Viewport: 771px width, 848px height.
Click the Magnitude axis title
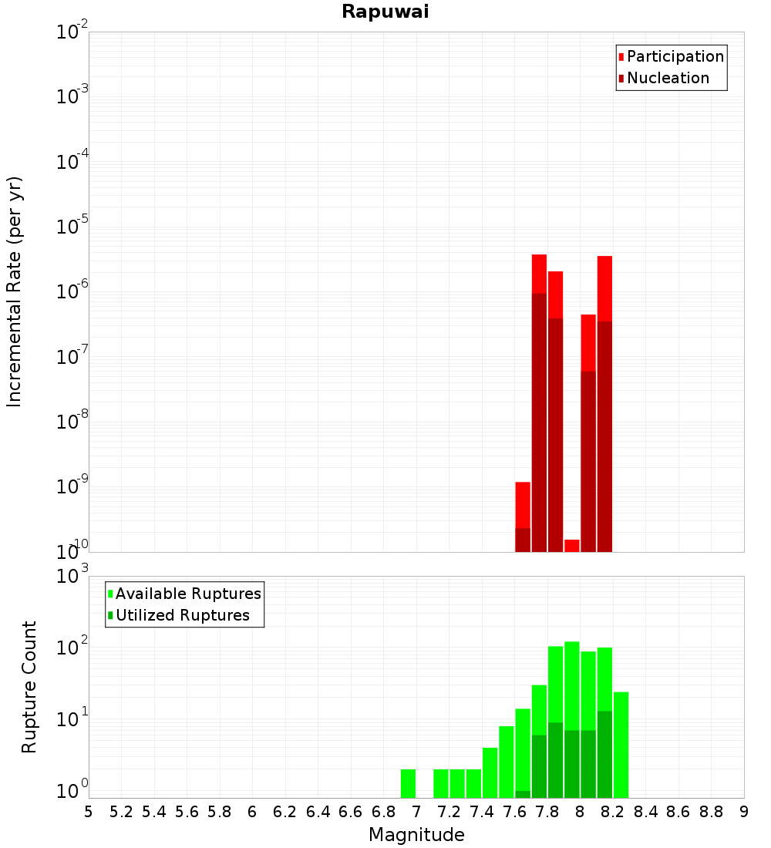pyautogui.click(x=416, y=835)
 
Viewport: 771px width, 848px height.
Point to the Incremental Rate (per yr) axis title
pyautogui.click(x=15, y=291)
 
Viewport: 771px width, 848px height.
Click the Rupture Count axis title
pyautogui.click(x=29, y=687)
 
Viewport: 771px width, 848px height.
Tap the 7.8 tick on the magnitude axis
pyautogui.click(x=547, y=812)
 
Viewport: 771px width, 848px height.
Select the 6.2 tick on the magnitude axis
pyautogui.click(x=285, y=812)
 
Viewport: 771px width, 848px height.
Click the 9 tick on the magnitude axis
pyautogui.click(x=744, y=812)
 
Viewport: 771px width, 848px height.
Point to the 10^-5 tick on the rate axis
pyautogui.click(x=72, y=227)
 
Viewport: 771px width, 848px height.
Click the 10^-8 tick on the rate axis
pyautogui.click(x=72, y=422)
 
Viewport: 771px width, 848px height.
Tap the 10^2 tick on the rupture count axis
pyautogui.click(x=72, y=648)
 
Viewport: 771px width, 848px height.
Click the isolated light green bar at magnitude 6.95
pyautogui.click(x=408, y=783)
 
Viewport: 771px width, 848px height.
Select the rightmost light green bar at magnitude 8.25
pyautogui.click(x=621, y=745)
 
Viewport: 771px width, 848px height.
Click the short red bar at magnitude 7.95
pyautogui.click(x=572, y=546)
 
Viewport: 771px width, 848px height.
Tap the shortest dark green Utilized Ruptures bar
pyautogui.click(x=523, y=794)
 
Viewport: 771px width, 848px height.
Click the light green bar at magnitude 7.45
pyautogui.click(x=490, y=772)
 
